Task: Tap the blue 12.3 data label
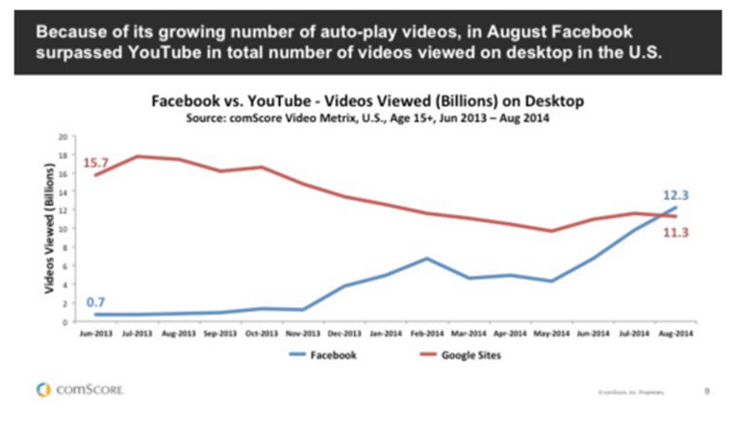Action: (x=675, y=195)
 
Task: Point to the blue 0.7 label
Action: (x=96, y=301)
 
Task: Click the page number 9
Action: (x=707, y=390)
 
